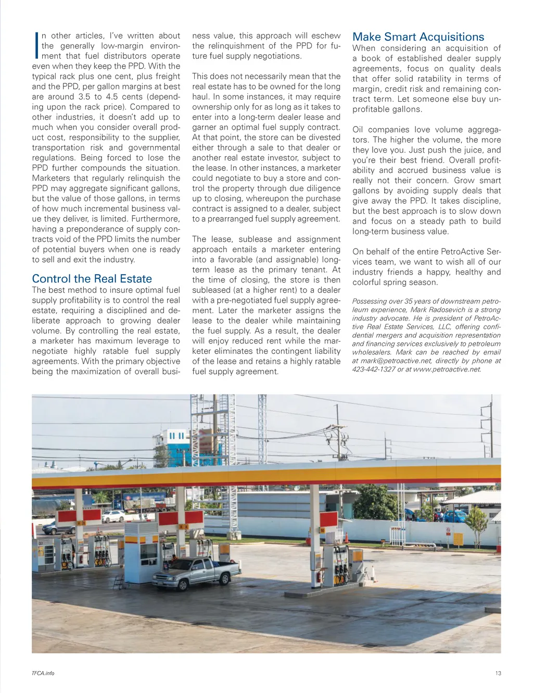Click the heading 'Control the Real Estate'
pyautogui.click(x=92, y=279)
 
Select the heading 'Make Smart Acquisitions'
pyautogui.click(x=418, y=37)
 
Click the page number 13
pyautogui.click(x=498, y=673)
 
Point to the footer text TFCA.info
pyautogui.click(x=43, y=673)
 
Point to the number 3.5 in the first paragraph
pyautogui.click(x=84, y=96)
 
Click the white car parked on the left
pyautogui.click(x=113, y=516)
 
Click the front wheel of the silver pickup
pyautogui.click(x=183, y=585)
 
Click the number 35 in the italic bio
pyautogui.click(x=409, y=301)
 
